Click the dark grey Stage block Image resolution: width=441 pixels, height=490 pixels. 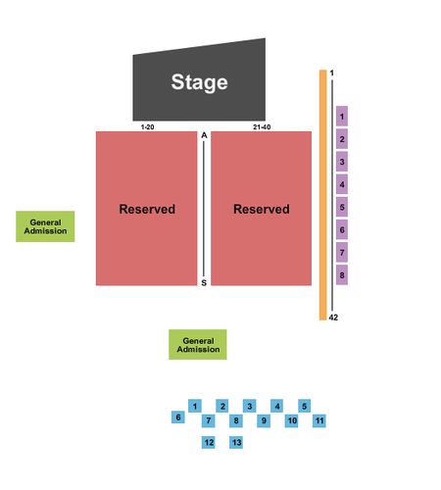click(199, 81)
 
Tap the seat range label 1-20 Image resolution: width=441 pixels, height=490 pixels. click(147, 126)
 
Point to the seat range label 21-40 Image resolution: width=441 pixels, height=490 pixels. click(262, 126)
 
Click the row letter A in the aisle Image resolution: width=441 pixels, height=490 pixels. click(204, 135)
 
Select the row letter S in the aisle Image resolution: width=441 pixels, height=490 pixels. click(204, 283)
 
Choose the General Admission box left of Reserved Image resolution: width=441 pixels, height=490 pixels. click(45, 226)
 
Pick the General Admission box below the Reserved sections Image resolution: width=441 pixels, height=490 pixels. click(198, 345)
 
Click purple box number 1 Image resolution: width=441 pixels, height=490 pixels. click(342, 117)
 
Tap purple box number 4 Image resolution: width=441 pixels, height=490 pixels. click(342, 184)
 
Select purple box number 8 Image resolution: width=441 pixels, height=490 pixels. click(342, 275)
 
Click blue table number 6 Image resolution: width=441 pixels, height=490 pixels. click(178, 417)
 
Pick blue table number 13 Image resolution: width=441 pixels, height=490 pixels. click(236, 442)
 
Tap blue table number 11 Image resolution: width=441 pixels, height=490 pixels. click(319, 420)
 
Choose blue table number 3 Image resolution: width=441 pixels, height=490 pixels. click(250, 406)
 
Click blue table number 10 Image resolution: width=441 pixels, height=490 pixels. click(292, 420)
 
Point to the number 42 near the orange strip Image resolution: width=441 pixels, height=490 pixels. click(333, 318)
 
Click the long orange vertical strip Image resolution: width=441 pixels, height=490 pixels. click(323, 195)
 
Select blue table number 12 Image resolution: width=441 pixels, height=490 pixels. click(209, 442)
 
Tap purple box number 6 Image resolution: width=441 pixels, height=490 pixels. click(342, 229)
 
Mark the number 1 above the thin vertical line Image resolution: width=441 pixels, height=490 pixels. click(332, 73)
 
